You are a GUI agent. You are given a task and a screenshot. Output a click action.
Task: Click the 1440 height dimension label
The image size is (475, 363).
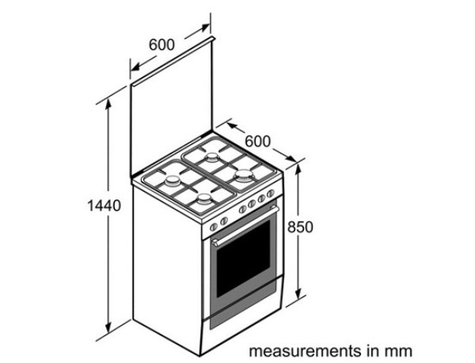tap(104, 205)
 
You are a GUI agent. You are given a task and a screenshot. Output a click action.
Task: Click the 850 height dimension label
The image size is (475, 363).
tap(300, 227)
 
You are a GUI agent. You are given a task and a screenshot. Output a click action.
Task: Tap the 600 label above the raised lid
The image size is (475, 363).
tap(161, 44)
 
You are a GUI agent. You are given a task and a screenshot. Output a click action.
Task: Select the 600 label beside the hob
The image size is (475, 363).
tap(257, 141)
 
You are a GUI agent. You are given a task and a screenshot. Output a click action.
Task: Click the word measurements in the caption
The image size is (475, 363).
tap(306, 351)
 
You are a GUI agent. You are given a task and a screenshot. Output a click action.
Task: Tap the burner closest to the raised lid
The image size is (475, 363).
tap(212, 157)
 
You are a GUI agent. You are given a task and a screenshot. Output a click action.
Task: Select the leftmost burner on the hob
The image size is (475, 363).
tap(173, 181)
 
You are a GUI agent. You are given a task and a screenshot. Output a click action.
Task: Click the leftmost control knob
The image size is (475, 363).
tap(214, 227)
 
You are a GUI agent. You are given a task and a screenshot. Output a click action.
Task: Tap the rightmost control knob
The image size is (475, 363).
tap(271, 193)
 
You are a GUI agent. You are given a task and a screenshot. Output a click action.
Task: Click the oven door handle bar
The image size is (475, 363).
tap(245, 225)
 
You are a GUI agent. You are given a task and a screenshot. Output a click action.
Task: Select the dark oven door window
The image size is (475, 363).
tap(243, 259)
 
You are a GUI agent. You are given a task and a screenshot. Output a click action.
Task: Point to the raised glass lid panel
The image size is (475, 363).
tap(172, 108)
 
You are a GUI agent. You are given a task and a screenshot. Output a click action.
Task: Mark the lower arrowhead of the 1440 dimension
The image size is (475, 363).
tap(108, 327)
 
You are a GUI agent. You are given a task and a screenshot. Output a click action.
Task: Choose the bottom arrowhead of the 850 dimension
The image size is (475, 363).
tap(298, 292)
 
